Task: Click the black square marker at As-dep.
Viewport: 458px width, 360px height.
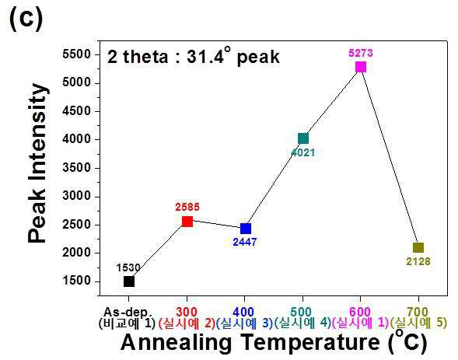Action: tap(129, 281)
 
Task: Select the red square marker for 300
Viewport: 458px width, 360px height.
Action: tap(187, 222)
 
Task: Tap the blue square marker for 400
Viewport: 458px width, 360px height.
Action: tap(246, 229)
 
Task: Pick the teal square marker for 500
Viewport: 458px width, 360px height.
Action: tap(303, 138)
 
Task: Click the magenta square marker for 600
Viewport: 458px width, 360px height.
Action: tap(361, 67)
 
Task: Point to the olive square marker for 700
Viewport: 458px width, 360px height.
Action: tap(418, 247)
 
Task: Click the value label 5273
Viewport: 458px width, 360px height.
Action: tap(361, 53)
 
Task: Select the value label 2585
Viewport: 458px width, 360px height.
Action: tap(187, 207)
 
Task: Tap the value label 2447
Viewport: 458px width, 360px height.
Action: tap(245, 242)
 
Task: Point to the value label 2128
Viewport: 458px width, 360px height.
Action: tap(418, 261)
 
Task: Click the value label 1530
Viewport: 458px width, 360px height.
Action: tap(128, 267)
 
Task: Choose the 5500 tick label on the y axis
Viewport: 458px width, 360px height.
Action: tap(76, 54)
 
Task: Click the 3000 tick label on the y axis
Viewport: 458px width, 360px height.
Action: tap(76, 196)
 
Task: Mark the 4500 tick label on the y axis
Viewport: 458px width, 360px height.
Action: tap(76, 110)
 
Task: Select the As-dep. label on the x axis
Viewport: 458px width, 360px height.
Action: tap(128, 313)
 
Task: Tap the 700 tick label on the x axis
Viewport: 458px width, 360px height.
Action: tap(418, 312)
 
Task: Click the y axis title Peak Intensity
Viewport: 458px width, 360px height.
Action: tap(37, 163)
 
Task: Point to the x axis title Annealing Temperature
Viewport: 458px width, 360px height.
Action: tap(250, 342)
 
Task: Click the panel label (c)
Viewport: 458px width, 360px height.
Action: tap(26, 18)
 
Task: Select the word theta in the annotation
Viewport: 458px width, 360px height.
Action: tap(145, 57)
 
